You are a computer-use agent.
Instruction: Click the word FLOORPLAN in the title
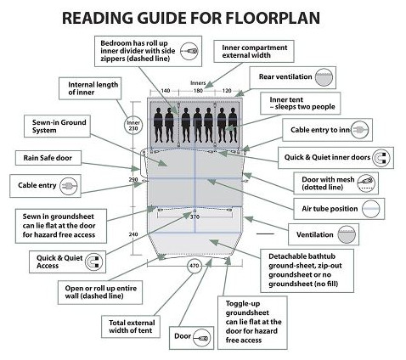coord(273,18)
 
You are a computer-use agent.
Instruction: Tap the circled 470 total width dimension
coord(195,266)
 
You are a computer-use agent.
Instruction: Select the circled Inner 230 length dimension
coord(133,126)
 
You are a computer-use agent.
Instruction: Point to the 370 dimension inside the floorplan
coord(195,217)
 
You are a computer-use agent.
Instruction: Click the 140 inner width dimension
coord(166,91)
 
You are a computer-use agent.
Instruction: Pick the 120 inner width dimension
coord(227,91)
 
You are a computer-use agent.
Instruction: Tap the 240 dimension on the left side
coord(133,234)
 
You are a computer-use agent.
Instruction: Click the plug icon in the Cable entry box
coord(68,186)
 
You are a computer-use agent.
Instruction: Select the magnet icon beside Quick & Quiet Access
coord(94,262)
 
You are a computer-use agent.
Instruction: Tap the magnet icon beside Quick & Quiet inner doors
coord(381,158)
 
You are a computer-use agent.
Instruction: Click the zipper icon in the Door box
coord(202,338)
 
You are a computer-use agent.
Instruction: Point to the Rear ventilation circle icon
coord(324,77)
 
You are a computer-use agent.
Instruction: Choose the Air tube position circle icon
coord(371,209)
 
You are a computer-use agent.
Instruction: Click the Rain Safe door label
coord(48,158)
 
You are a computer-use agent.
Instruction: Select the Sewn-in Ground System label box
coord(57,127)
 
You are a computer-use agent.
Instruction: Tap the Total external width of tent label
coord(132,326)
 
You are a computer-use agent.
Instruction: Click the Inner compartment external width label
coord(254,51)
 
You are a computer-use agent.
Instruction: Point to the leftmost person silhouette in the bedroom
coord(158,125)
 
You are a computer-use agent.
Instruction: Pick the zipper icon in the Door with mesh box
coord(366,183)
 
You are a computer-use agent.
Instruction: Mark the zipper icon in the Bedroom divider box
coord(189,51)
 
